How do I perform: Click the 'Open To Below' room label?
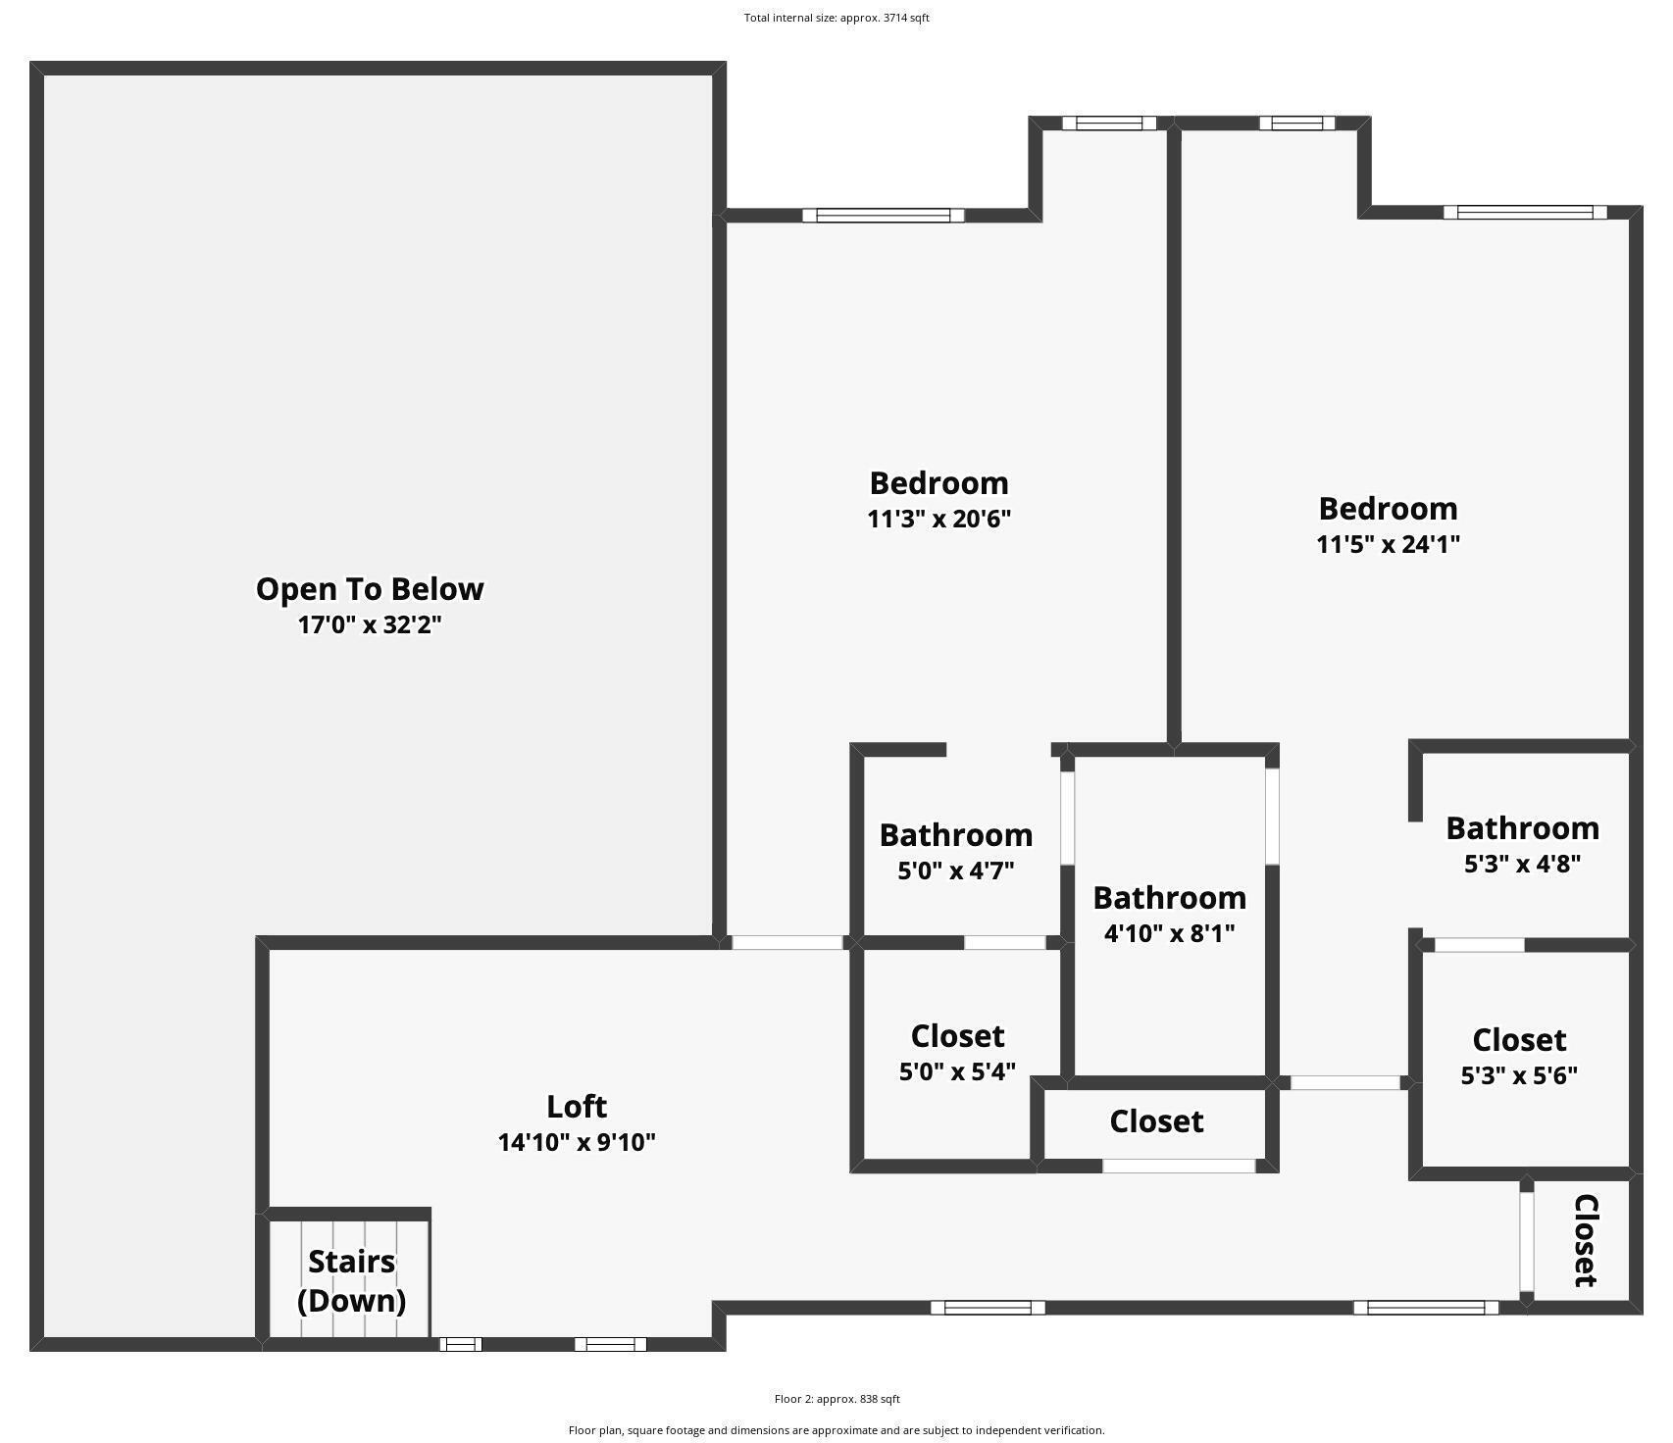coord(370,589)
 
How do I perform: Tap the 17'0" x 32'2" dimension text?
coord(370,624)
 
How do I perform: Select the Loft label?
coord(577,1107)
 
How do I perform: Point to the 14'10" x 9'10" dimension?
coord(577,1142)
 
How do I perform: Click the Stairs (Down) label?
coord(351,1281)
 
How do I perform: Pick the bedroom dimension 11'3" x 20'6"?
coord(938,519)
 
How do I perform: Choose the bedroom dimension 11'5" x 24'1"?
coord(1388,544)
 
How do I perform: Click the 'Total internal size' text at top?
coord(836,18)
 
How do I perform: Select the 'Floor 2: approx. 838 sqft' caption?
coord(836,1399)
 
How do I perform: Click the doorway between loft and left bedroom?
coord(787,943)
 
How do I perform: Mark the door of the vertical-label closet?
coord(1526,1242)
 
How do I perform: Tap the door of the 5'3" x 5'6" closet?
coord(1479,946)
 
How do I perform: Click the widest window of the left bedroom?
coord(884,216)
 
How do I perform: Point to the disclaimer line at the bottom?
coord(836,1430)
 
